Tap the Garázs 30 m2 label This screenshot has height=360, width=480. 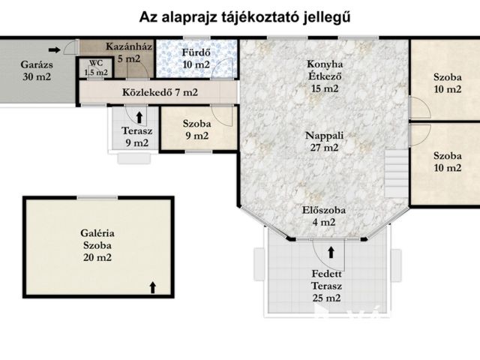pos(35,70)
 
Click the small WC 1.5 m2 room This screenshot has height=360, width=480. pos(96,68)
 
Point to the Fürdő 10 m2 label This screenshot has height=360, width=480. pos(196,58)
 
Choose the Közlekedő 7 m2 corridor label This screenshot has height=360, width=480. pos(159,92)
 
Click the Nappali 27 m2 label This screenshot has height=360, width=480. pos(324,142)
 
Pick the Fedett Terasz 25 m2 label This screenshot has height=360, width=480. pos(327,286)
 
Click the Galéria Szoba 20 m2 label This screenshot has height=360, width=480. pos(99,245)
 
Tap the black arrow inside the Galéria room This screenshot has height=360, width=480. pos(153,286)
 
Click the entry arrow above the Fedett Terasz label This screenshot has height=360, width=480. pos(331,253)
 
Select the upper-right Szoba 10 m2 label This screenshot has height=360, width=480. pos(447,83)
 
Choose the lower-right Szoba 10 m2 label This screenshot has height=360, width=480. pos(447,161)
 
